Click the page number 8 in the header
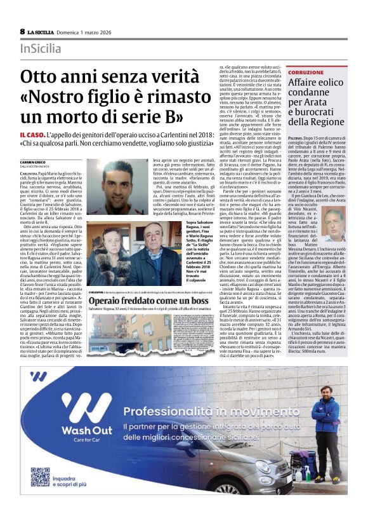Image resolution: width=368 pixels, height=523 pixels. pyautogui.click(x=23, y=31)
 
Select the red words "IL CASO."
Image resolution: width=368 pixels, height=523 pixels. pyautogui.click(x=32, y=135)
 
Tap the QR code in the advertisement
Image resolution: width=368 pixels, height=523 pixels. pyautogui.click(x=40, y=476)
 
